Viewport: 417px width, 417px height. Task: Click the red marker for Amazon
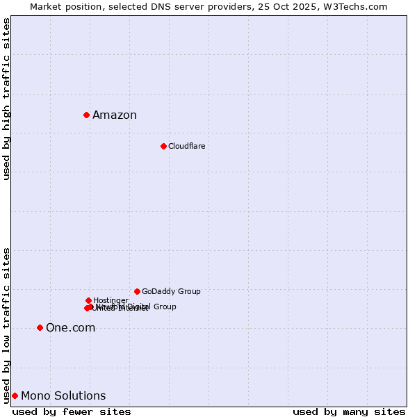coord(86,115)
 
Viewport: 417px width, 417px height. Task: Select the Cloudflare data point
coord(163,146)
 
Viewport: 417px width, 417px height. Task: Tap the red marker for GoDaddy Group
coord(137,291)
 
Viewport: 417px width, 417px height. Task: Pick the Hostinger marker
coord(88,300)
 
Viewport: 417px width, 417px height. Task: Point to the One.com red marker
coord(40,327)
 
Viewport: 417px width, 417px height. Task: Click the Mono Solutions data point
coord(15,395)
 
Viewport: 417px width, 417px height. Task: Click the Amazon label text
coord(115,115)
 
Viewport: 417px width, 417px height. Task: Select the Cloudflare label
coord(186,147)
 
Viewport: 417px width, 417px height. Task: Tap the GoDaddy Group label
coord(171,292)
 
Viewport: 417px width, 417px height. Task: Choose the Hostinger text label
coord(111,300)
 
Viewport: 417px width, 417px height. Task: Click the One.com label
coord(70,328)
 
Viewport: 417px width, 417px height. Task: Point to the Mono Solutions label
coord(63,396)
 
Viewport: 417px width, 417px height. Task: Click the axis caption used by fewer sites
coord(72,411)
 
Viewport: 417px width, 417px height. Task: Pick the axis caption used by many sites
coord(349,411)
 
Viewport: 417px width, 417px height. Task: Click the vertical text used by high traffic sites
coord(6,99)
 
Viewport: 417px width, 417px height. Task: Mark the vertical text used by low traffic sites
coord(6,325)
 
